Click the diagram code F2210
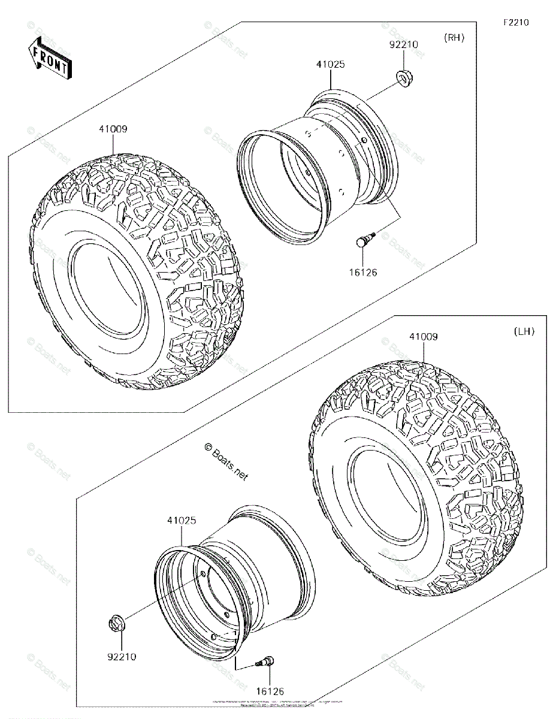[515, 23]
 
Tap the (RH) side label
[454, 38]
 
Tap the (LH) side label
[524, 331]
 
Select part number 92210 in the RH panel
[403, 44]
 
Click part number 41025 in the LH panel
[181, 521]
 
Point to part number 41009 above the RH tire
[113, 128]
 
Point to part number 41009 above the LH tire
[423, 337]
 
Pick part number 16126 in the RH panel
[363, 272]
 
